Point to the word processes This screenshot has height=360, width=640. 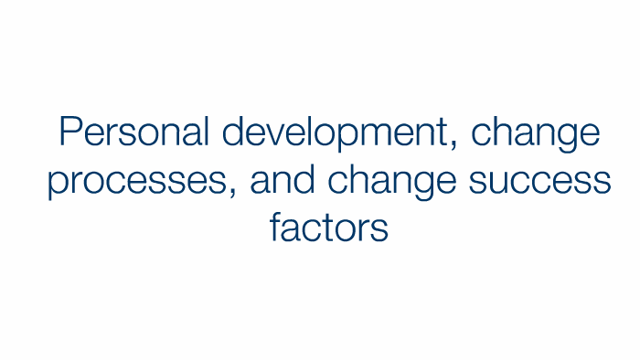tap(136, 183)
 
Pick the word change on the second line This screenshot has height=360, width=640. tap(389, 183)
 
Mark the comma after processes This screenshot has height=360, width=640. tap(231, 193)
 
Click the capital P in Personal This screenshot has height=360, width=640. tap(69, 133)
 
